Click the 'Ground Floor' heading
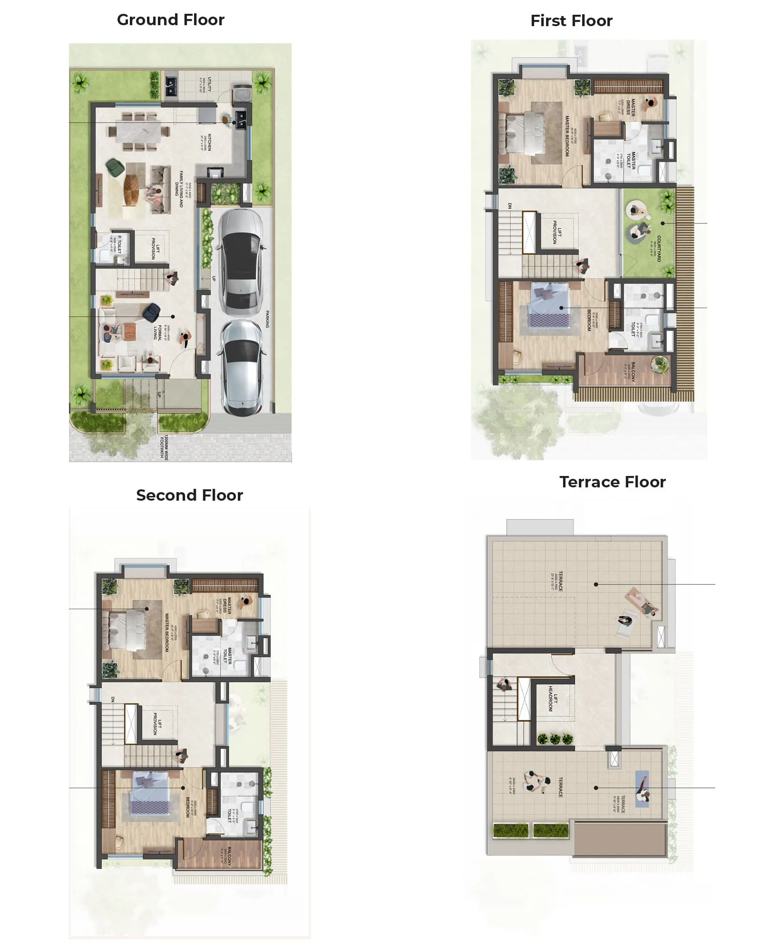[x=170, y=20]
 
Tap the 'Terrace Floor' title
[x=612, y=482]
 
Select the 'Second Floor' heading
[x=189, y=495]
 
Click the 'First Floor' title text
[x=571, y=21]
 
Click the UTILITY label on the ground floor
[x=209, y=85]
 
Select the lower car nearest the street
[x=242, y=368]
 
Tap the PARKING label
[x=267, y=319]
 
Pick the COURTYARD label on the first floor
[x=659, y=248]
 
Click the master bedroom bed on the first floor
[x=525, y=134]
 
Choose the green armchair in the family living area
[x=115, y=167]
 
